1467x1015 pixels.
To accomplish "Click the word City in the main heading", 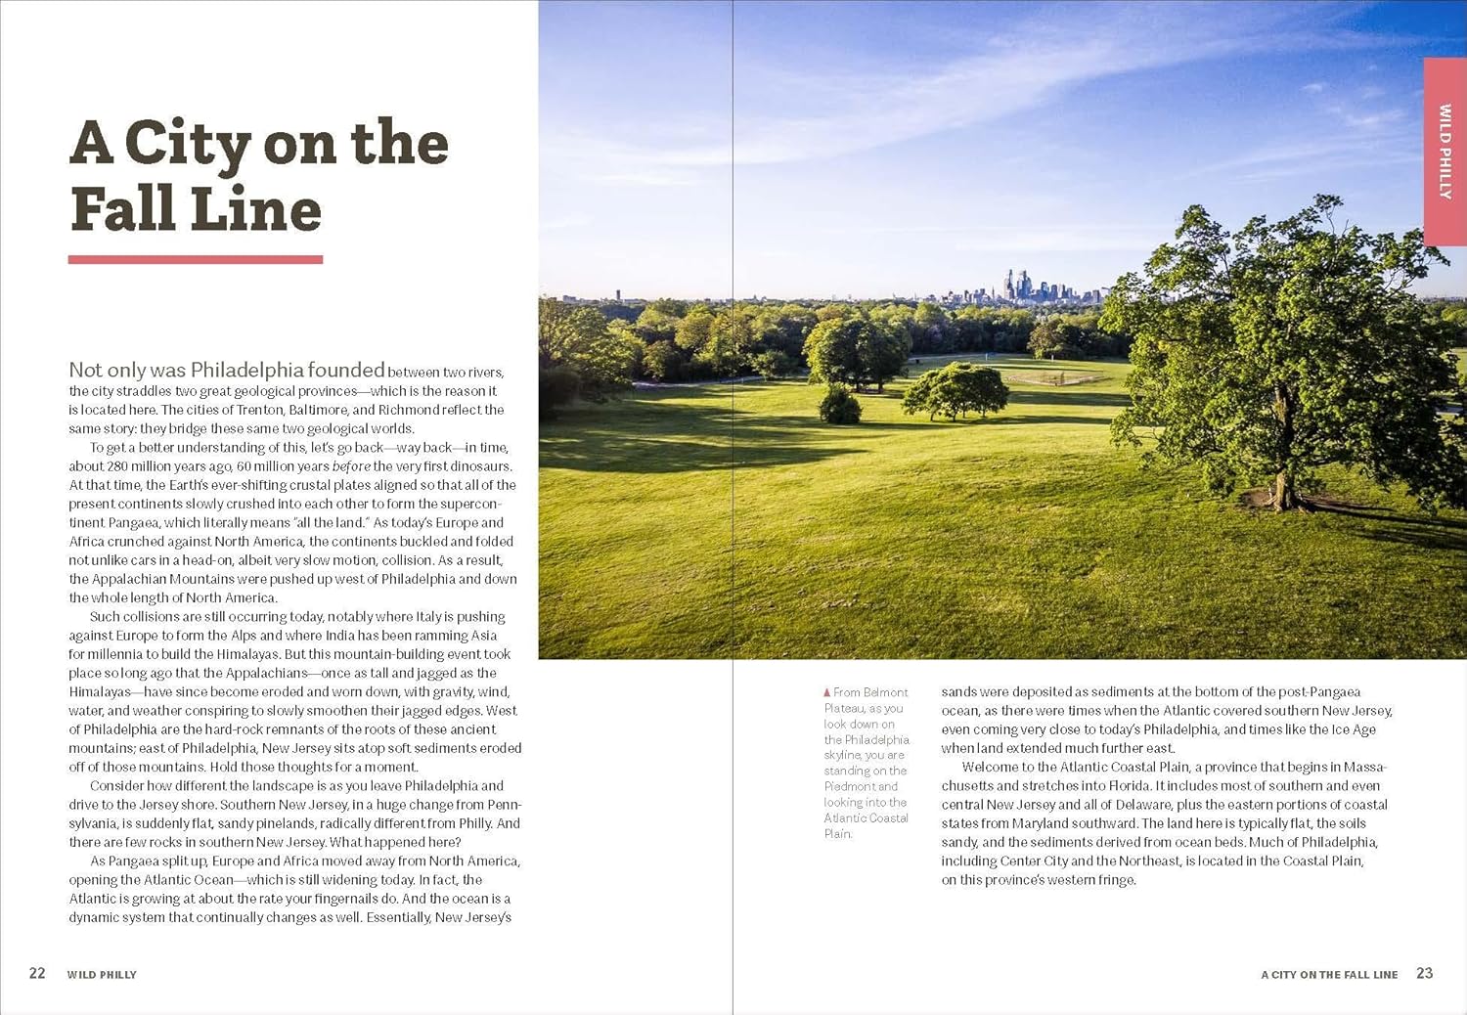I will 188,145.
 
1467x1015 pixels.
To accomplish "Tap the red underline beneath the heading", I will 196,259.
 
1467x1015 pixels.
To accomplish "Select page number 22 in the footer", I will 37,973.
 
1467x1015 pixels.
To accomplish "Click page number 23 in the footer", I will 1425,973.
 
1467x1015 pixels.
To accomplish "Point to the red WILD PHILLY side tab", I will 1445,152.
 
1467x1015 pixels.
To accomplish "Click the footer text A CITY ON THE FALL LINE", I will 1329,975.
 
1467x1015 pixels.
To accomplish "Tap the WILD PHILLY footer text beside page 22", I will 102,975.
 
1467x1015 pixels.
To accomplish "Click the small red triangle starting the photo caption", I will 827,692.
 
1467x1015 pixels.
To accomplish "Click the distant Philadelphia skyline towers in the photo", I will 1022,286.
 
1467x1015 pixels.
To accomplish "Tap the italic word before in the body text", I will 351,466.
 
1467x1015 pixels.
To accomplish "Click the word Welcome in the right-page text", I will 989,768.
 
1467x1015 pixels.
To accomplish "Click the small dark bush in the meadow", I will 840,405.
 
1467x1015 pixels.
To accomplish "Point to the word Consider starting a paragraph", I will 119,786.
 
